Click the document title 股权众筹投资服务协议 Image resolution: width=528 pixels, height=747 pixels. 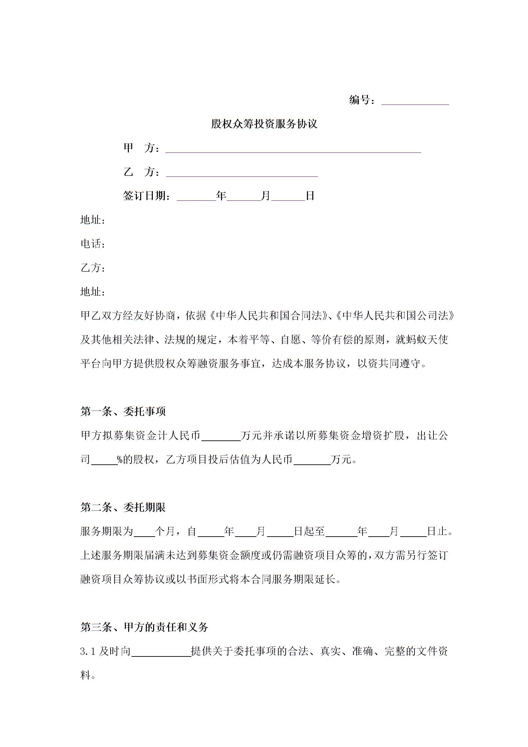(264, 124)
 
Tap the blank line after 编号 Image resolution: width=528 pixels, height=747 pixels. (415, 101)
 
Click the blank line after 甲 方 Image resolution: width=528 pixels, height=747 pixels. (293, 149)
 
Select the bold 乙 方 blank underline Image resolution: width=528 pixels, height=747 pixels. (242, 173)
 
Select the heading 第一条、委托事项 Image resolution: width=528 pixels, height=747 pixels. (123, 412)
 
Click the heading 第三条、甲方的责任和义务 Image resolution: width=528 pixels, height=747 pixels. (144, 627)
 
